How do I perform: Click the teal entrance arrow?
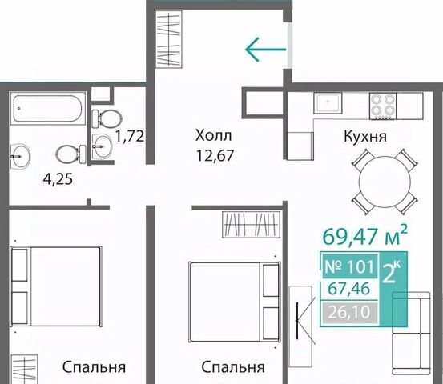pos(266,50)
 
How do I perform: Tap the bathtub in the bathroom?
pos(48,108)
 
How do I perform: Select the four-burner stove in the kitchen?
pos(383,106)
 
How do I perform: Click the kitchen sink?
pos(328,102)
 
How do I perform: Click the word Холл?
pos(214,135)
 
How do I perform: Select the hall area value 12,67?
pos(215,155)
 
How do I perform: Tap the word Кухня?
pos(365,136)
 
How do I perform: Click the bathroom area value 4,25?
pos(58,179)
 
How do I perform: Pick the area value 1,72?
pos(130,136)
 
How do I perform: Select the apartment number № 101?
pos(349,266)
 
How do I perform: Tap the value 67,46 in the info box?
pos(349,289)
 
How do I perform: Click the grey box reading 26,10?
pos(349,312)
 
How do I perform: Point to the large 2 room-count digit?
pos(389,273)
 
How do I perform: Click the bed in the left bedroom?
pos(55,286)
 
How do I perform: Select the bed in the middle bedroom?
pos(235,302)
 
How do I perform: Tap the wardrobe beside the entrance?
pos(169,39)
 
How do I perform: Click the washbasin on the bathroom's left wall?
pos(20,157)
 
